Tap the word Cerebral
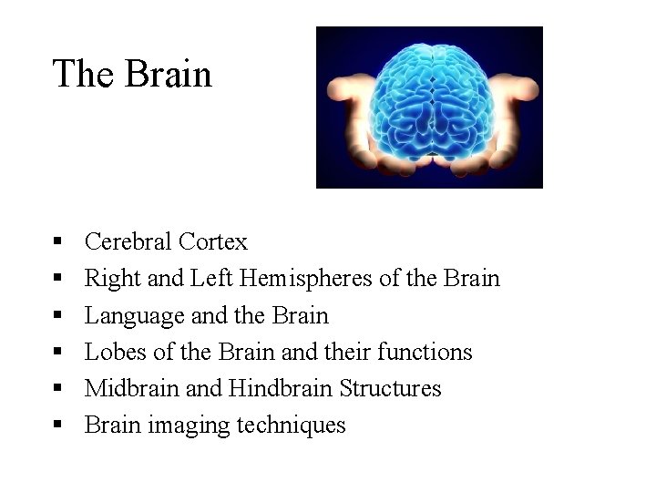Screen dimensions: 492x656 (128, 241)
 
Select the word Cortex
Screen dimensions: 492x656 (213, 241)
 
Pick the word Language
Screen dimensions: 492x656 (134, 315)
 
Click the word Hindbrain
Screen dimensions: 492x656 (282, 388)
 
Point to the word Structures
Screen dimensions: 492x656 (390, 388)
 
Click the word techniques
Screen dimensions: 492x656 (292, 425)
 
